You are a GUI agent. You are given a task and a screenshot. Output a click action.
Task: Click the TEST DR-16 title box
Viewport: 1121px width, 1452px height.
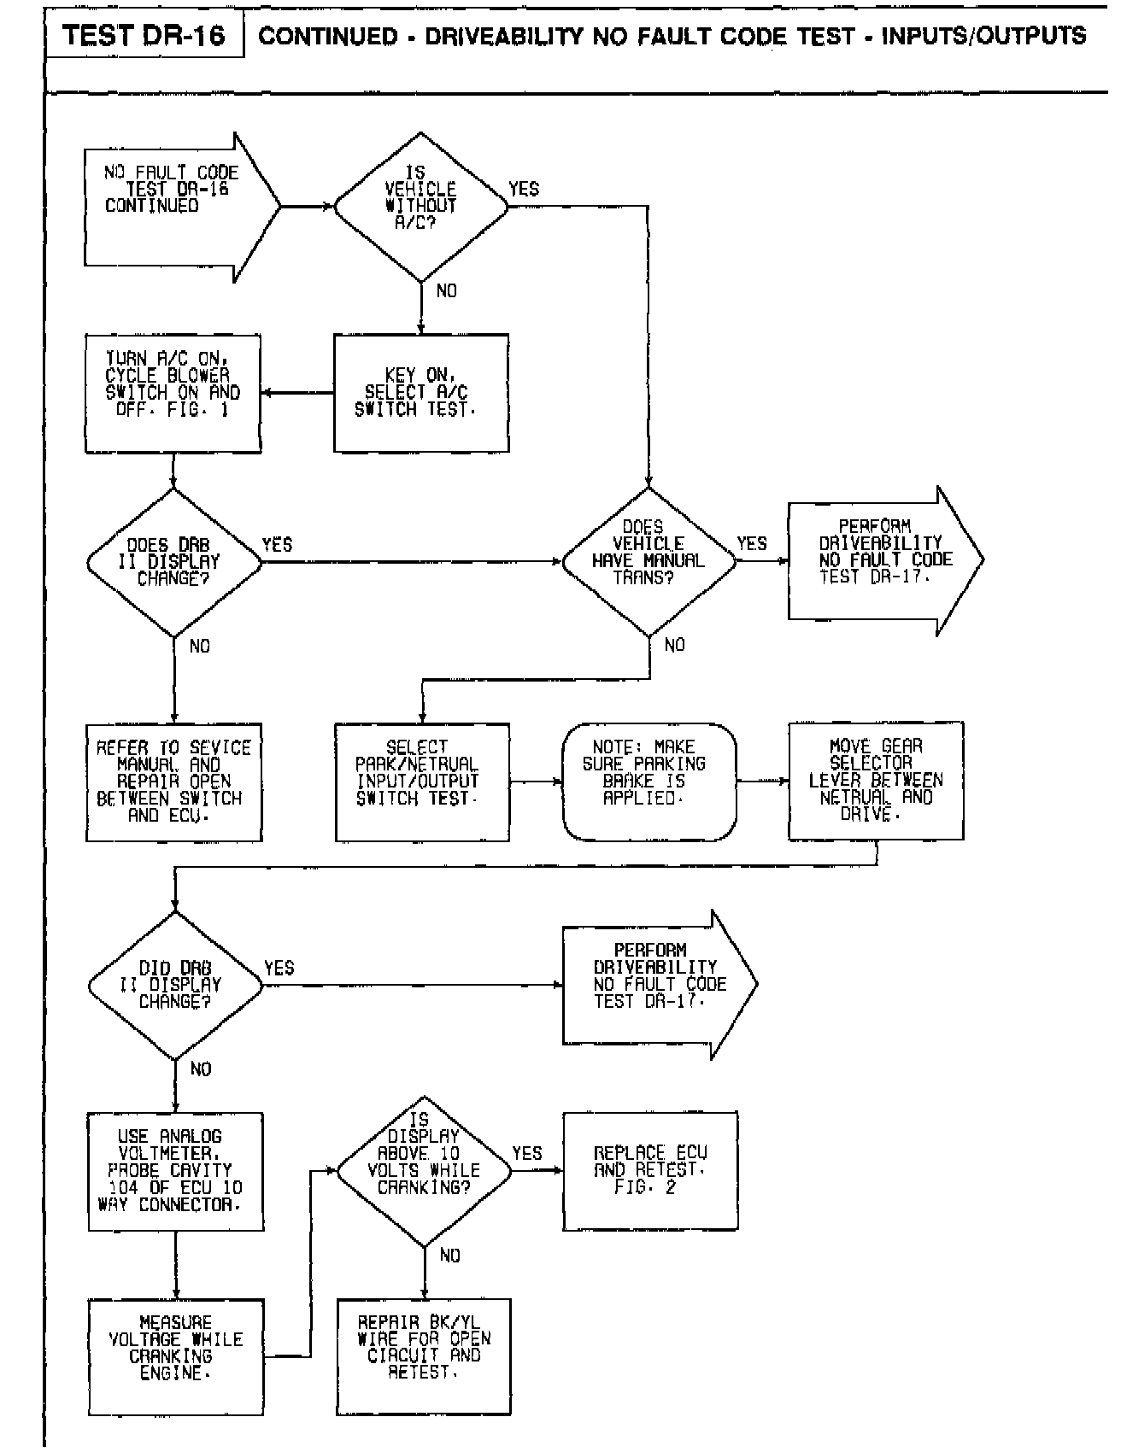144,35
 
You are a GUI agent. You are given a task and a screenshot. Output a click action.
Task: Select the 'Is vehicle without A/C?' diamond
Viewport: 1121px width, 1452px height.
420,207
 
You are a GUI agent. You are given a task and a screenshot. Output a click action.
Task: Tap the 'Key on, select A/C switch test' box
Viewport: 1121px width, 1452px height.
420,393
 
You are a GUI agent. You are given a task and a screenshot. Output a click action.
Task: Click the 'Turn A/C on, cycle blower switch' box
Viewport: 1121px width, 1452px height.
173,393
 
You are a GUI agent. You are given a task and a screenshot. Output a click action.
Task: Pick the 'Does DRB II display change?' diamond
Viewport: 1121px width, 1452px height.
173,562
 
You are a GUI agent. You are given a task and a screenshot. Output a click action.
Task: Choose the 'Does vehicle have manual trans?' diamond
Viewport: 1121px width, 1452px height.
649,561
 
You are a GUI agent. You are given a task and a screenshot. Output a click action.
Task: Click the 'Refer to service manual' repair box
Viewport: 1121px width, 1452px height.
173,782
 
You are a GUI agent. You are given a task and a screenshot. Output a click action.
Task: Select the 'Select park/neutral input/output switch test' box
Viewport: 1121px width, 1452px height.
421,782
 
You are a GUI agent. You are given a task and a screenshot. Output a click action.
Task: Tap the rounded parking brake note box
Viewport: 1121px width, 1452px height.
649,782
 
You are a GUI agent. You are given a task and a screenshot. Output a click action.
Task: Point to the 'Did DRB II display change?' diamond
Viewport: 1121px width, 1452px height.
175,985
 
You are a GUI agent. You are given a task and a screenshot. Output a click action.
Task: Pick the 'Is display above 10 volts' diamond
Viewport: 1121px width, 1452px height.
424,1170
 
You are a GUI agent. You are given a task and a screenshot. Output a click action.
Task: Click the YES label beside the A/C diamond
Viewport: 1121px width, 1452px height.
524,189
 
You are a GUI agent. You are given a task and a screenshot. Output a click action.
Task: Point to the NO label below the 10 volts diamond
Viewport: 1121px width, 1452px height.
449,1255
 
